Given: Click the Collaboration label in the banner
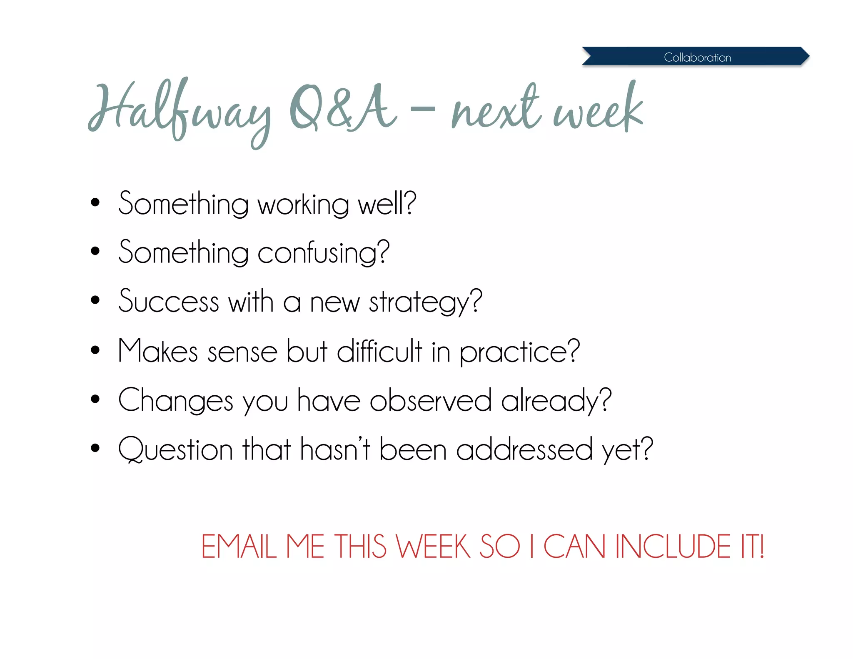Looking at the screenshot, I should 697,57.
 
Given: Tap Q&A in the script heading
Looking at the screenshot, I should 342,108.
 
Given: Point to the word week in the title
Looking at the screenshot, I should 598,109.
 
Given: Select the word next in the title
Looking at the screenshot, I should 496,109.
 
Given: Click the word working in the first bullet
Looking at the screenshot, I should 303,205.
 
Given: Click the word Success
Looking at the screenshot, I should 169,301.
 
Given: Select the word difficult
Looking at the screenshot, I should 379,351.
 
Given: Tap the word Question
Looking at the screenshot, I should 175,449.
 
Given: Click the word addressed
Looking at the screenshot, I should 524,449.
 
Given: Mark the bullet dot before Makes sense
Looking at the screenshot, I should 95,350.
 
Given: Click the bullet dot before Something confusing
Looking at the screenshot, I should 95,251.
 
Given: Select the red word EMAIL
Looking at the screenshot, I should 239,546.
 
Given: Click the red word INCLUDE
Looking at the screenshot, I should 673,546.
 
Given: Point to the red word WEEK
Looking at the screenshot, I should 433,546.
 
